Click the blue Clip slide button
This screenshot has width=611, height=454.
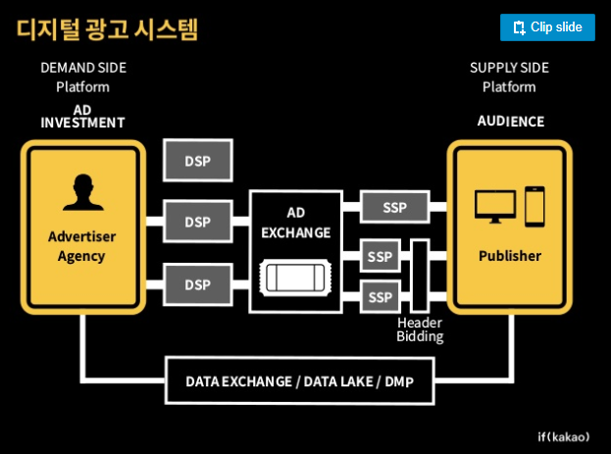pos(547,27)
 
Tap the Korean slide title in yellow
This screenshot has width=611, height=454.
pos(108,29)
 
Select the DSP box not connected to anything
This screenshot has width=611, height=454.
pos(198,160)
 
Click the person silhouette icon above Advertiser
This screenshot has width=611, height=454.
pos(83,192)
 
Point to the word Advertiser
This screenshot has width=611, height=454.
pos(81,236)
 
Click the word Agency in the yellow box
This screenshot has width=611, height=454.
pos(81,257)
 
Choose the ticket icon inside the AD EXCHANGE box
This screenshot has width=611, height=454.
pos(295,277)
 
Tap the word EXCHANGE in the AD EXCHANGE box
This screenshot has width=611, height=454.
pos(296,232)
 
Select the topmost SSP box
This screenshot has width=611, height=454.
pos(394,207)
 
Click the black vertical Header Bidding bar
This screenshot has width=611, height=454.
pos(420,276)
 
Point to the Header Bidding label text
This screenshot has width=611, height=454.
pos(420,329)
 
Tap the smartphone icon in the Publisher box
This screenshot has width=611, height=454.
pos(535,207)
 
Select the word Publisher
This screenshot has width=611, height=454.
pos(510,256)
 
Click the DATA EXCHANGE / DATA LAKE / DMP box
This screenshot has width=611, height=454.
pos(300,380)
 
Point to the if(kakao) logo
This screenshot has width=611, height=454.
pos(564,437)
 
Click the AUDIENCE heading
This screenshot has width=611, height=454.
pos(511,122)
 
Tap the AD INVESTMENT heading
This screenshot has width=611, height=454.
pos(82,117)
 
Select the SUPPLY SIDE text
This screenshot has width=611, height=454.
pos(509,68)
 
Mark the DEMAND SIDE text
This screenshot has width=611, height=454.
pos(83,68)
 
